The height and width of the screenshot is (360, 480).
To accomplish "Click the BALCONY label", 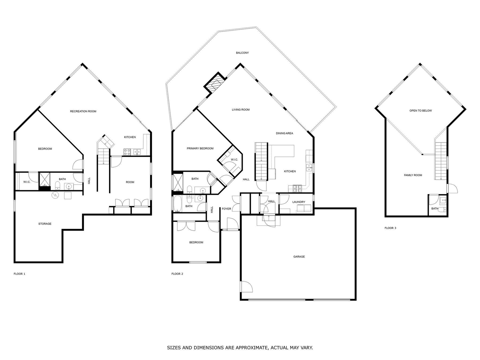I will (x=242, y=53).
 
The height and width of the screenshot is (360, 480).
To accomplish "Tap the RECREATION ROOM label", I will (x=83, y=111).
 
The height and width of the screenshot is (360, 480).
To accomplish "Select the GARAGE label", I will (x=299, y=257).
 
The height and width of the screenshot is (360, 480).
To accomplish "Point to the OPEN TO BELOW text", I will (x=420, y=111).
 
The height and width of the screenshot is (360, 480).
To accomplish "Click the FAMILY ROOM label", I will (x=413, y=175).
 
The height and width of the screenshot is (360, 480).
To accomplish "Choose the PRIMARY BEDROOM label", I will (x=200, y=148).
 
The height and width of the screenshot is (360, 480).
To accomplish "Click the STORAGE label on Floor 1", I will (x=45, y=224).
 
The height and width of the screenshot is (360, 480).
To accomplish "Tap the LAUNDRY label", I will (x=299, y=202).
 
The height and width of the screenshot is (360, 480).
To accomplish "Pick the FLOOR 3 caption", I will (x=390, y=228).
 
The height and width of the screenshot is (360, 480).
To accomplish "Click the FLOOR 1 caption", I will (x=19, y=274).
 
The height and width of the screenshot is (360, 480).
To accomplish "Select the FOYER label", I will (x=226, y=209).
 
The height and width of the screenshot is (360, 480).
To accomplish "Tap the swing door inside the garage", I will (x=246, y=287).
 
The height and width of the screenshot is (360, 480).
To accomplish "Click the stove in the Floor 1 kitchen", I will (x=127, y=152).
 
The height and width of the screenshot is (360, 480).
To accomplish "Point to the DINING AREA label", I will (x=284, y=133).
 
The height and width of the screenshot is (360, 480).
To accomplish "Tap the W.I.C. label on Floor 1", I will (x=27, y=182).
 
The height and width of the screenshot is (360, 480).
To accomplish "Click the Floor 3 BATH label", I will (x=434, y=208).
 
